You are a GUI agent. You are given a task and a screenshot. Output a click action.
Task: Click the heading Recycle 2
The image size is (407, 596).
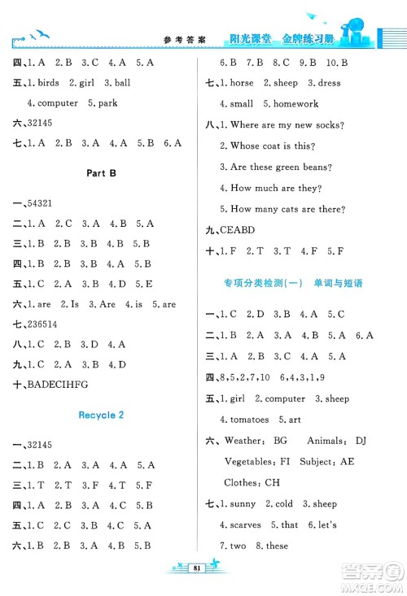(102, 415)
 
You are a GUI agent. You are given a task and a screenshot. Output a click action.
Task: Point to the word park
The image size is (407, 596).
(107, 103)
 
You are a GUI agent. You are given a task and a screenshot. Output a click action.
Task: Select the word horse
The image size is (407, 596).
(243, 83)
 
